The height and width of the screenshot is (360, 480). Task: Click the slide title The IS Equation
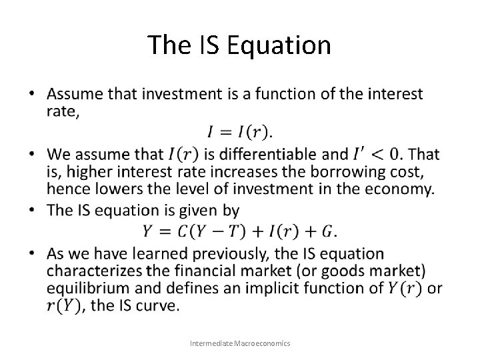coord(239,45)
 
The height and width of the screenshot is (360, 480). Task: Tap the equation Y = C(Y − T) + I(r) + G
coord(239,231)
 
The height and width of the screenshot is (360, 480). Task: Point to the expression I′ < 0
coord(378,155)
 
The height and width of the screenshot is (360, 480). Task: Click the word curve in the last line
coord(161,305)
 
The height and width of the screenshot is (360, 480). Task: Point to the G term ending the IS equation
coord(327,231)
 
